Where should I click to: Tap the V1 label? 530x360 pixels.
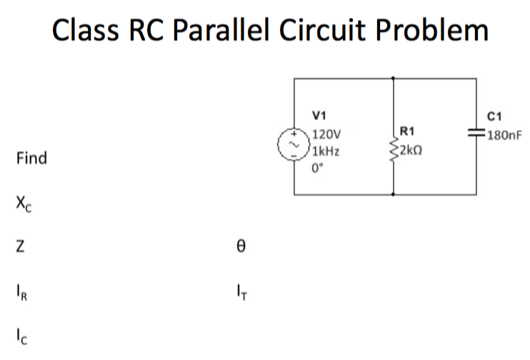[x=319, y=115]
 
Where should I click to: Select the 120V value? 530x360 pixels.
[x=328, y=134]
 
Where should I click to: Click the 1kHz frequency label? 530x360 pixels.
[x=326, y=151]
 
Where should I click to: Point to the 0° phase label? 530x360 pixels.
[x=318, y=169]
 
